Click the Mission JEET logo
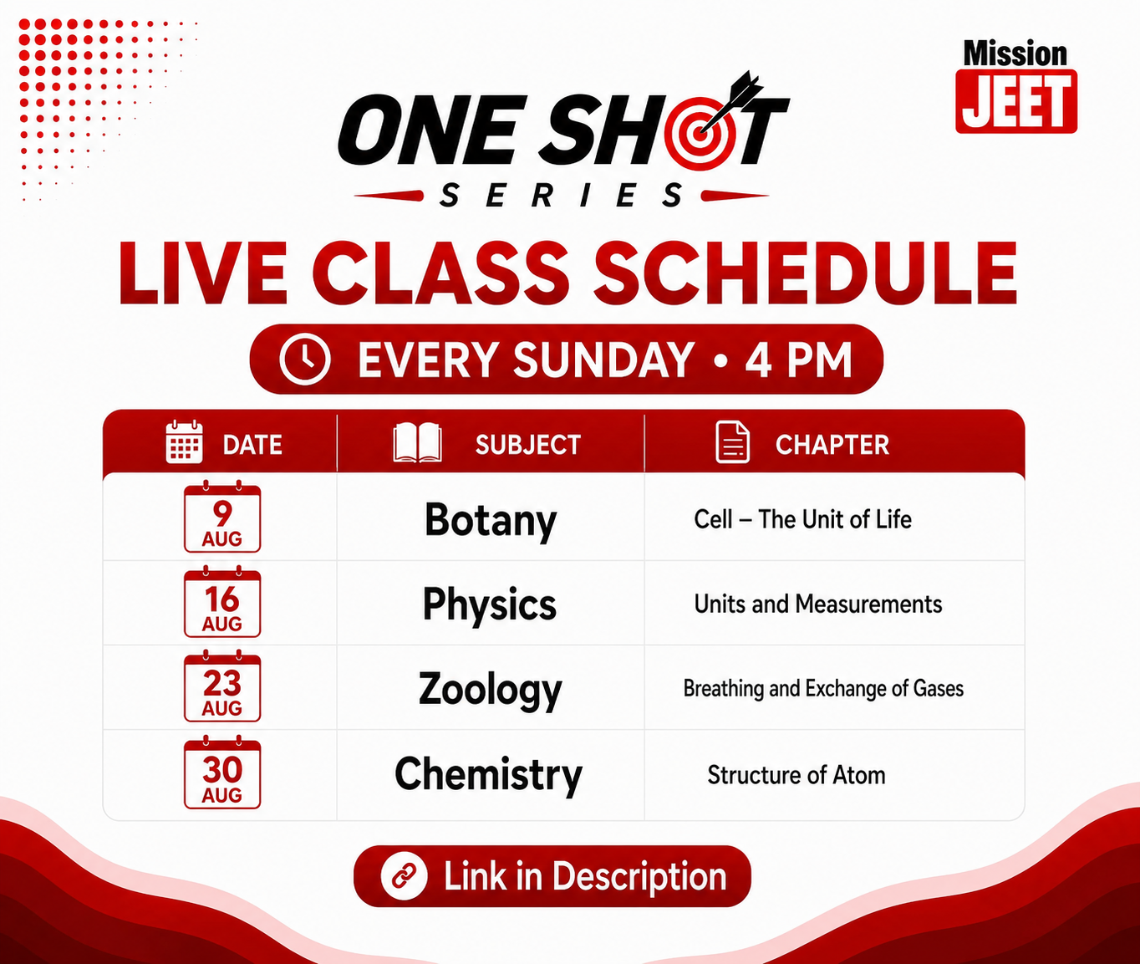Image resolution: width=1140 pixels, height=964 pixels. (x=1016, y=87)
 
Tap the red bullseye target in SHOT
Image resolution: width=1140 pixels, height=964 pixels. (x=699, y=133)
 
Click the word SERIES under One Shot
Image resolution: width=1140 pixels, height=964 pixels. (x=562, y=196)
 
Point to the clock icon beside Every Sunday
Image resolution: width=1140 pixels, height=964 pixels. (x=304, y=359)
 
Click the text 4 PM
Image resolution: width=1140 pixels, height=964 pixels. (x=798, y=360)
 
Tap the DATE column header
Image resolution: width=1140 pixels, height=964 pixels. (x=252, y=445)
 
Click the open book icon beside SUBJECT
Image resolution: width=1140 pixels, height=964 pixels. (x=418, y=442)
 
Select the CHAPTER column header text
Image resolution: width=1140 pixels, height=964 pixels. (x=832, y=445)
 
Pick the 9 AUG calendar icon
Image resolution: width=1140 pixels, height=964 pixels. (x=222, y=517)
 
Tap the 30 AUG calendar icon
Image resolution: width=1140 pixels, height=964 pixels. (x=222, y=772)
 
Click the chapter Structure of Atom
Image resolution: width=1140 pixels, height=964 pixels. (x=796, y=775)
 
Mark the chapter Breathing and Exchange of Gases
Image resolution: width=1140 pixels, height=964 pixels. (x=823, y=689)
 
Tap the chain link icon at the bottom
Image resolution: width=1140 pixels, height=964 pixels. (x=404, y=876)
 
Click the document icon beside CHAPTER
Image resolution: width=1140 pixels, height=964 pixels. (x=732, y=442)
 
